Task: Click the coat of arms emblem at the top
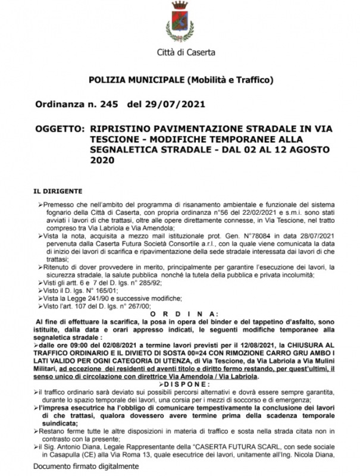pyautogui.click(x=180, y=21)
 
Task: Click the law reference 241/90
pyautogui.click(x=99, y=297)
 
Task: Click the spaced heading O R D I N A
pyautogui.click(x=180, y=313)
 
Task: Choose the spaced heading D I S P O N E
pyautogui.click(x=180, y=384)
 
